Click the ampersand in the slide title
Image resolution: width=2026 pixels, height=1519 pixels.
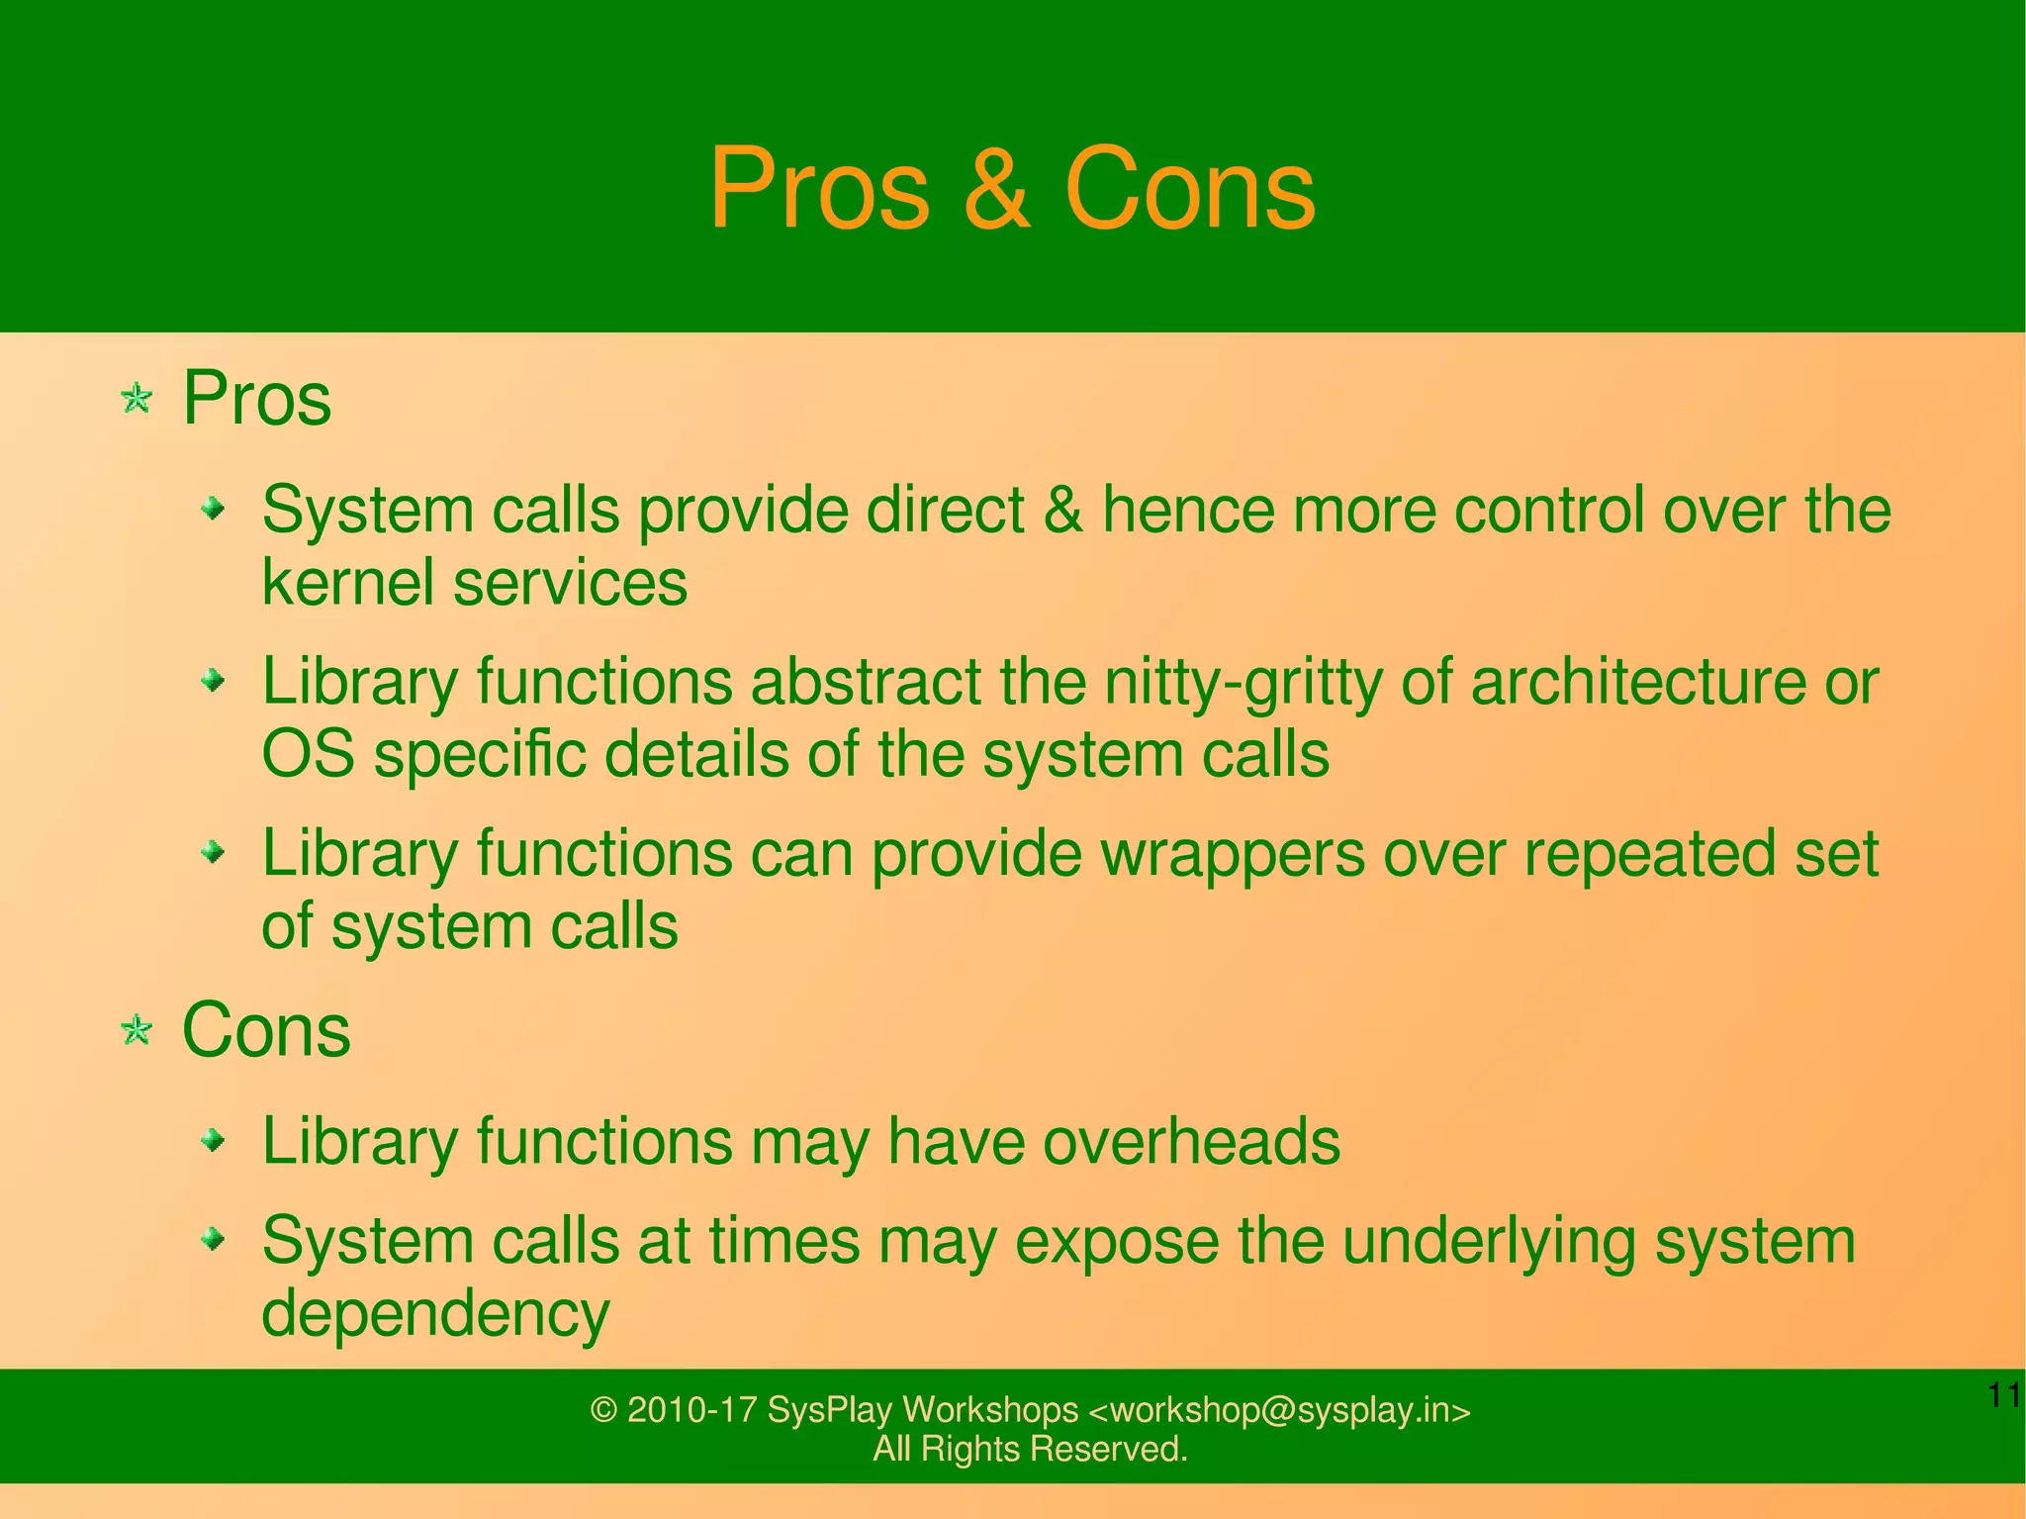[996, 189]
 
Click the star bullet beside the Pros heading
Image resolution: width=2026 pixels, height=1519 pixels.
[137, 400]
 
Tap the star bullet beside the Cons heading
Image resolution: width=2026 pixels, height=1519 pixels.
[137, 1031]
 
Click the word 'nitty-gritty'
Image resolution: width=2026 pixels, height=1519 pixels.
[1242, 683]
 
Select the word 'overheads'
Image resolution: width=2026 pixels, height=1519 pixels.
[1191, 1141]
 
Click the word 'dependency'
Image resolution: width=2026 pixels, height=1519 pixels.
[435, 1314]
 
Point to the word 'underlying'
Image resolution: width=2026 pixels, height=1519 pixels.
[1488, 1242]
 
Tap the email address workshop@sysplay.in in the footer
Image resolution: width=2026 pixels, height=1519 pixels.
[1278, 1410]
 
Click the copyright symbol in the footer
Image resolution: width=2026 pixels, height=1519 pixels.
[603, 1410]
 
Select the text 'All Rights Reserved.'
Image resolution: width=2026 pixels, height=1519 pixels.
[1030, 1449]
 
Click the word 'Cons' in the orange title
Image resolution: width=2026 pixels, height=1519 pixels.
[1189, 189]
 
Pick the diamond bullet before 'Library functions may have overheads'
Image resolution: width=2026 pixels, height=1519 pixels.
[213, 1142]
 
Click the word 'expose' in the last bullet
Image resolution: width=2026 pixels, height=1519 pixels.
[1117, 1242]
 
